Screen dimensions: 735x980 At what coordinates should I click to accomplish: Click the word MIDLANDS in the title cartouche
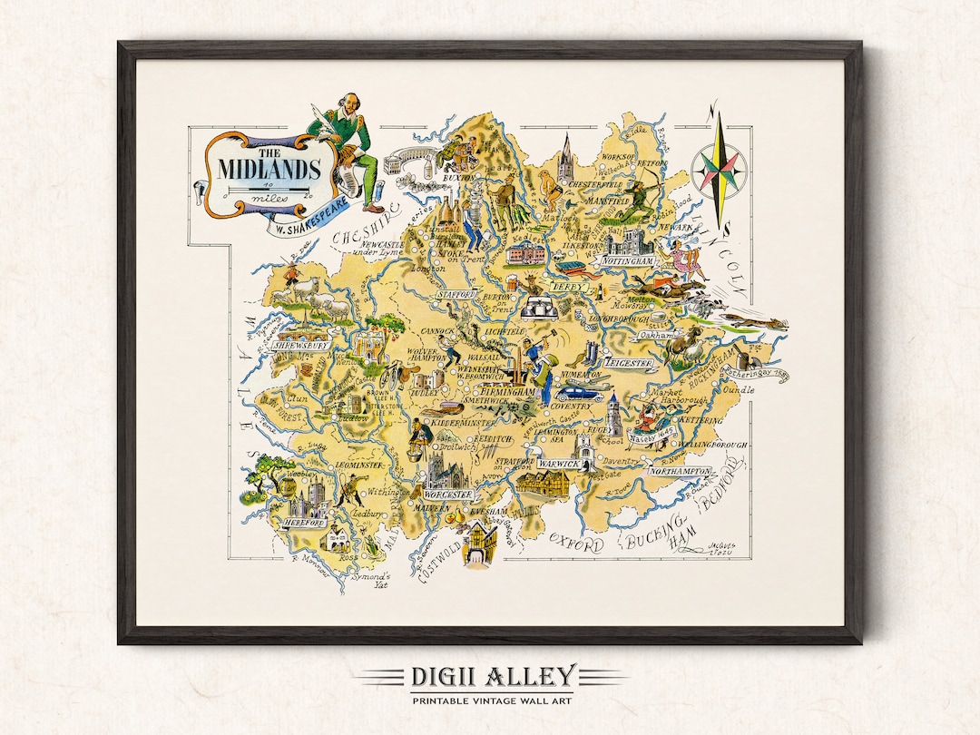(269, 169)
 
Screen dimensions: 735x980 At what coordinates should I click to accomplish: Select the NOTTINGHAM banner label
(626, 261)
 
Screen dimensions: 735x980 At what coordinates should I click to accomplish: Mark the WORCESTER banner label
(447, 495)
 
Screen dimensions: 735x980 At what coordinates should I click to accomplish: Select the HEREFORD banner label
(304, 524)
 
